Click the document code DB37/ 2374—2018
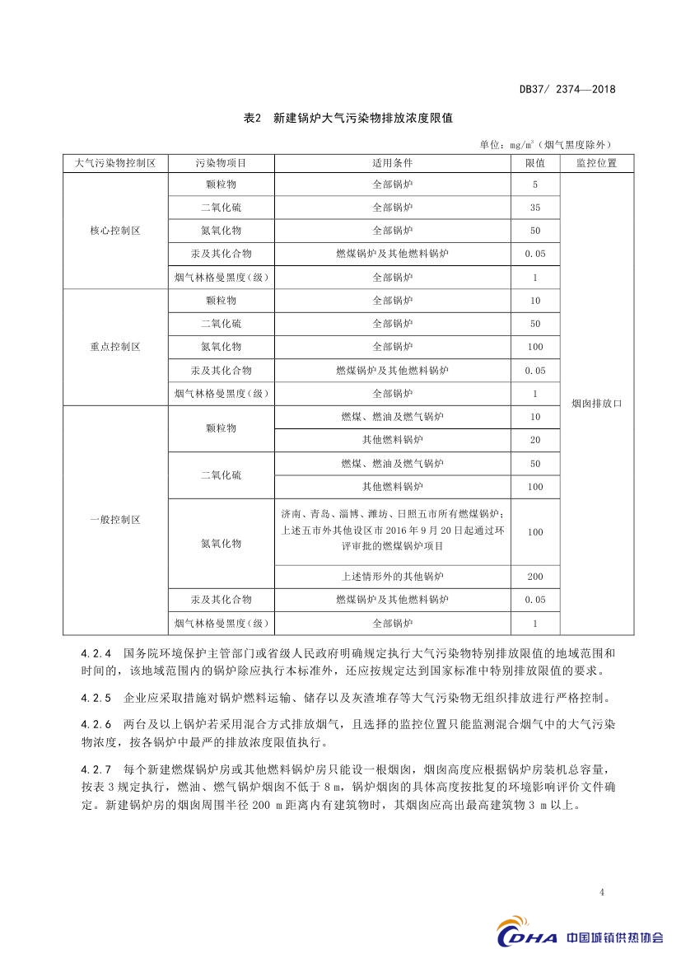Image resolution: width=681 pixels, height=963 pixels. (567, 90)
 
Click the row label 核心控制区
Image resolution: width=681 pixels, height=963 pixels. (115, 231)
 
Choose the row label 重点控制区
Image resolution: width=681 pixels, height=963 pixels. (115, 347)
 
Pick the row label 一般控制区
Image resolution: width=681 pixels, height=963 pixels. (115, 520)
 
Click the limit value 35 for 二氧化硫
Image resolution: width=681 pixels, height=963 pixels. (535, 208)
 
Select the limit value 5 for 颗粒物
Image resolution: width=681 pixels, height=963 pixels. (535, 185)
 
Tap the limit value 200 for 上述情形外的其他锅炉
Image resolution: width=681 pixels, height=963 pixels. (535, 577)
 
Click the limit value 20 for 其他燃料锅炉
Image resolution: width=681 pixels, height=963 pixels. (535, 440)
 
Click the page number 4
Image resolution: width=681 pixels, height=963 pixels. (603, 892)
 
